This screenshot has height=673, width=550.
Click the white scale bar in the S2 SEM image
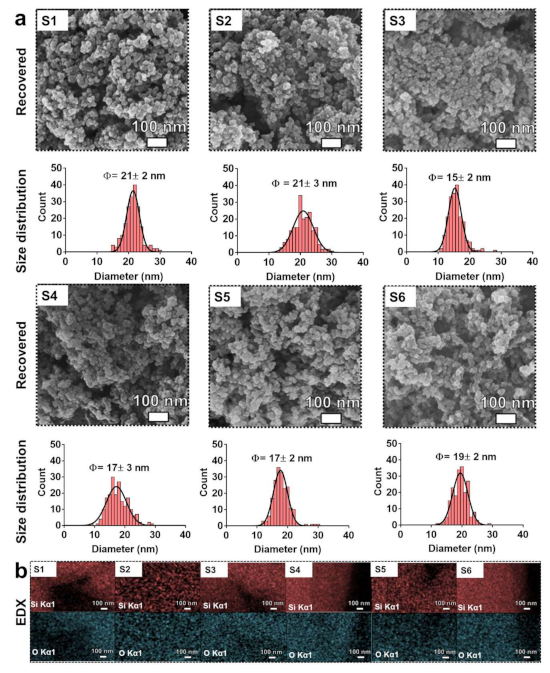(x=332, y=144)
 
